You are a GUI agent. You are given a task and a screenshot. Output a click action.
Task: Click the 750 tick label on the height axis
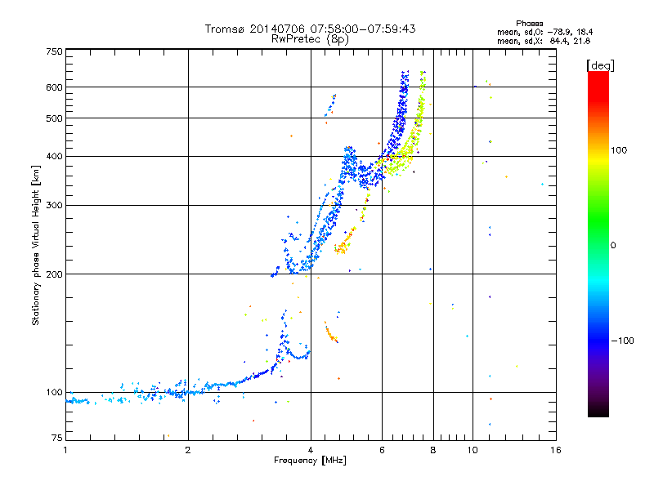[55, 51]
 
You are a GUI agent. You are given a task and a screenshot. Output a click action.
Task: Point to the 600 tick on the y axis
[55, 87]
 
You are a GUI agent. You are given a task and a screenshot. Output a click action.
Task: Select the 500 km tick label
[55, 118]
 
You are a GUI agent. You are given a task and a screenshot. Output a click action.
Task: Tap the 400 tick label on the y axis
[55, 156]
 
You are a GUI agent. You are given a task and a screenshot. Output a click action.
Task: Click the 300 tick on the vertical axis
[55, 205]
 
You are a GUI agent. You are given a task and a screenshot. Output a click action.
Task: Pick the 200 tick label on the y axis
[55, 274]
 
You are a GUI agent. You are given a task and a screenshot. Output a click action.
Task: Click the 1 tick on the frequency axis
[65, 449]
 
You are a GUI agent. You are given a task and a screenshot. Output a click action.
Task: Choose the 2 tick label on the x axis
[188, 449]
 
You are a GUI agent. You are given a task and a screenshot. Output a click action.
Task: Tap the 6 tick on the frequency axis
[382, 449]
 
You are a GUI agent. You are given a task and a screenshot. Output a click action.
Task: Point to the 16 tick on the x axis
[555, 449]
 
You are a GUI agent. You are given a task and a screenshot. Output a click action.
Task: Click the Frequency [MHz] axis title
[310, 461]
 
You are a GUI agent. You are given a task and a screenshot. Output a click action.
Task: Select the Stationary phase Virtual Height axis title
[36, 245]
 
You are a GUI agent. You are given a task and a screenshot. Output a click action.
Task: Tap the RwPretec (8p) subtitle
[310, 38]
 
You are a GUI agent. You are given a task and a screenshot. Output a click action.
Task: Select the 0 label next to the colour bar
[614, 245]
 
